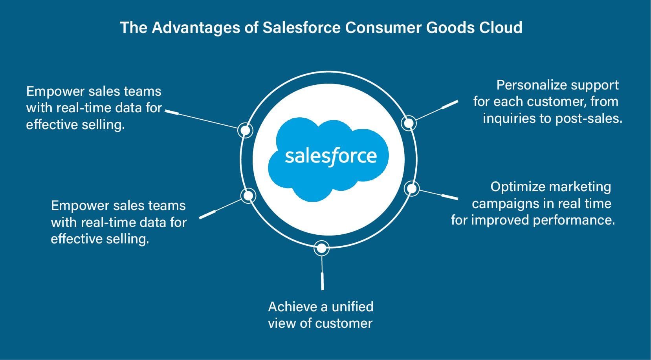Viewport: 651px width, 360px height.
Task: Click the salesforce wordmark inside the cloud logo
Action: [x=331, y=156]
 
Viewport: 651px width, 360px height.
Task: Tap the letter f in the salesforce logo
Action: [x=333, y=157]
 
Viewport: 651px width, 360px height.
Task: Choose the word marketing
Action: [x=580, y=187]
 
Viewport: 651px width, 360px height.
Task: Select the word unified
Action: [x=352, y=307]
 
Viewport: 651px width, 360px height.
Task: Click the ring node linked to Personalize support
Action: [x=409, y=123]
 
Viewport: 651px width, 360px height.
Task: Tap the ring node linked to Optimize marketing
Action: [x=411, y=189]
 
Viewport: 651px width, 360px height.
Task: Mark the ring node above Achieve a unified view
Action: [x=321, y=248]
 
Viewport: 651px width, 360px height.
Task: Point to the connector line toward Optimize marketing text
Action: [x=436, y=194]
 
